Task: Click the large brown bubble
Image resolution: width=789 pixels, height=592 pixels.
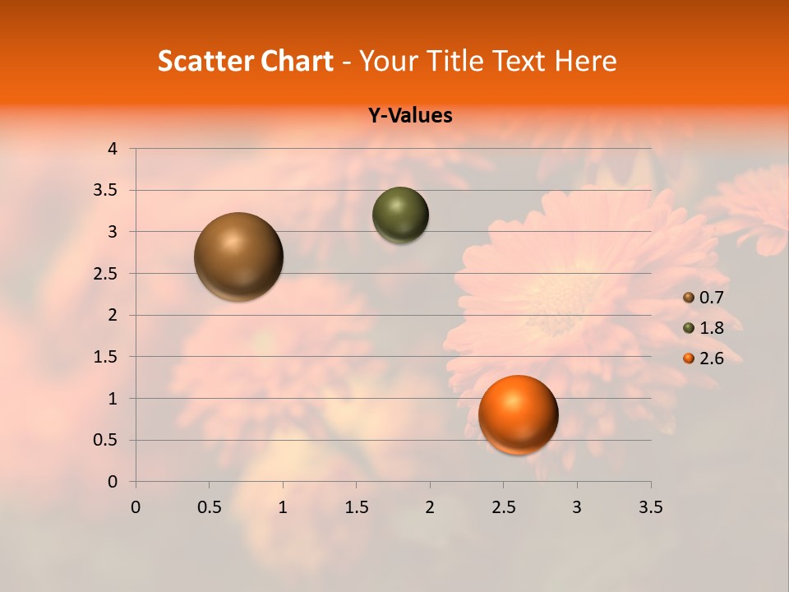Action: tap(238, 257)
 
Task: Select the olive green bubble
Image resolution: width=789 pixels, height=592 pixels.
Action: tap(400, 215)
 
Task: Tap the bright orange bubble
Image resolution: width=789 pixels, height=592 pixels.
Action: tap(518, 414)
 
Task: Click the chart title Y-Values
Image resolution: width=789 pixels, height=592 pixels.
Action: tap(409, 116)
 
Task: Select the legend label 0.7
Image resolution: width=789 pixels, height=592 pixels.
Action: tap(711, 298)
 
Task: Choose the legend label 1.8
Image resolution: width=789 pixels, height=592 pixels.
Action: tap(711, 328)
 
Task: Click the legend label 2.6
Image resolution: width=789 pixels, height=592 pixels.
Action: tap(711, 358)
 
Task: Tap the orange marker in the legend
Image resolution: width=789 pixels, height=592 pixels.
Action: tap(689, 358)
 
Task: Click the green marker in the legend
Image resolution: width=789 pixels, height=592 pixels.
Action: tap(689, 329)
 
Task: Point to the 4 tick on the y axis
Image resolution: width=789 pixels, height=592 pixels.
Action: tap(113, 149)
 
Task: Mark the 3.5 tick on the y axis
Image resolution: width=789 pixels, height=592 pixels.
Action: tap(107, 191)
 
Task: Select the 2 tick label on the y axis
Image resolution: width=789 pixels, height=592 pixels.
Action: tap(113, 315)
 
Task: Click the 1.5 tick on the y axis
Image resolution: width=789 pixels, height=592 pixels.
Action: tap(107, 357)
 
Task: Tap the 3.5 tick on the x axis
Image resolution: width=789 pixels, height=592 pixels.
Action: tap(650, 508)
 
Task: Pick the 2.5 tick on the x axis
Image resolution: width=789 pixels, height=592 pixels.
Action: tap(503, 508)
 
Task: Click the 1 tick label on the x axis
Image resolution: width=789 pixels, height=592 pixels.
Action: tap(283, 508)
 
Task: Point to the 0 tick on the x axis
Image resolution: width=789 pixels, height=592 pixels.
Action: tap(136, 508)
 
